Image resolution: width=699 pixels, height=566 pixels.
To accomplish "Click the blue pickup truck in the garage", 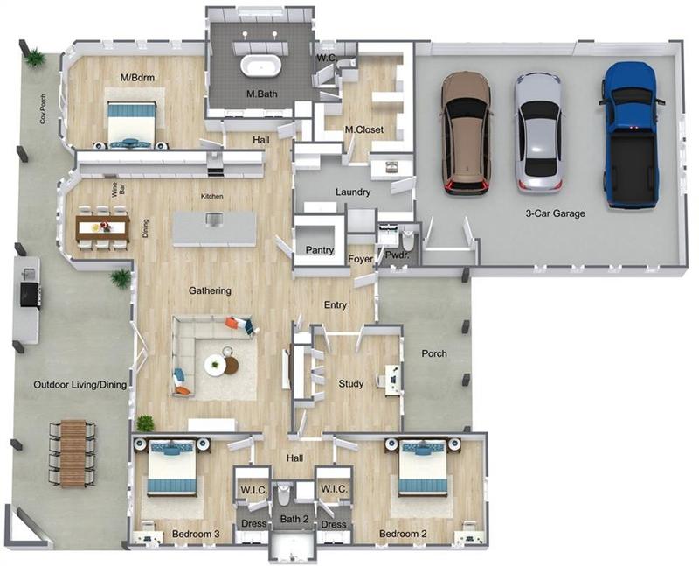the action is pos(631,136).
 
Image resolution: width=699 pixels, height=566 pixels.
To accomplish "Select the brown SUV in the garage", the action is pos(467,134).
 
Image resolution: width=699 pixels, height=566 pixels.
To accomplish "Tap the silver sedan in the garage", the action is pos(539,134).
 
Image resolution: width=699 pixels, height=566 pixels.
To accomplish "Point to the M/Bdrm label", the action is pos(137,78).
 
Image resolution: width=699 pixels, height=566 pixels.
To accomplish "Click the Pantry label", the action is pos(320,250).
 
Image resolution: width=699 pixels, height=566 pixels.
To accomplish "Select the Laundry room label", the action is pos(353,192).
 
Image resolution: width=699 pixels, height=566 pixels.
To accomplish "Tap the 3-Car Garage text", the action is pos(555,213).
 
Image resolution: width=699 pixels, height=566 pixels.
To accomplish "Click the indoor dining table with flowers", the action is pos(102,227).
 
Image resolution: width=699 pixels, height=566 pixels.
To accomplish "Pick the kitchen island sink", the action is pos(214,220).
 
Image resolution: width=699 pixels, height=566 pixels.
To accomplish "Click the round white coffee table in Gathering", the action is pos(215,365).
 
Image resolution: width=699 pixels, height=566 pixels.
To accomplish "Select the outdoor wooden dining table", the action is pos(73,453).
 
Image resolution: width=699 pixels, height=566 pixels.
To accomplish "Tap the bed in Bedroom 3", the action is pos(172,468).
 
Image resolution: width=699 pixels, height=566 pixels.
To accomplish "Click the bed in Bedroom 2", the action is pos(423,467).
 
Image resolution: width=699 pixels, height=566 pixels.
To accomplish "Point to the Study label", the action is pos(351,383).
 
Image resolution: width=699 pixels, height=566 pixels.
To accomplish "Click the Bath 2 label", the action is pos(294,519).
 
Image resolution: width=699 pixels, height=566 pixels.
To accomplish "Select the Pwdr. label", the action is pos(397,255).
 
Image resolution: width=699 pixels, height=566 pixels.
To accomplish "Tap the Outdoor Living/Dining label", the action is pos(80,384).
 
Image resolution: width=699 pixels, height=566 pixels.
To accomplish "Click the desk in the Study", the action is pos(391,380).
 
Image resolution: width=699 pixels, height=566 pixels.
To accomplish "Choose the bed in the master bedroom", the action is pos(132,122).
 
